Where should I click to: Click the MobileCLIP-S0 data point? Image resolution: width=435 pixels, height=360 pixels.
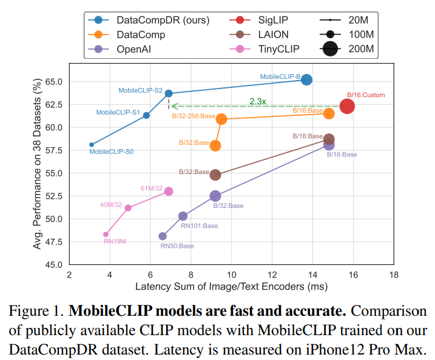91,145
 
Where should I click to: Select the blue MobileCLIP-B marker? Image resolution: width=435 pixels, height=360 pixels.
307,79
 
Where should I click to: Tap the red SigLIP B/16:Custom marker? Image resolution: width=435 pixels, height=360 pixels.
347,107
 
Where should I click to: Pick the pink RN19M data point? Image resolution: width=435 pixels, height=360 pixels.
106,234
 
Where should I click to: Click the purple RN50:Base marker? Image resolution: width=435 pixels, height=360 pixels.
163,236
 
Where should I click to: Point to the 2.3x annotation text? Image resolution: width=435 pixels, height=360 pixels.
258,101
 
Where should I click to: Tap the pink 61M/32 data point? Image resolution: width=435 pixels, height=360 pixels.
169,192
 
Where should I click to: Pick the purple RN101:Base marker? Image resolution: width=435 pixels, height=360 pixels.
183,216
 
